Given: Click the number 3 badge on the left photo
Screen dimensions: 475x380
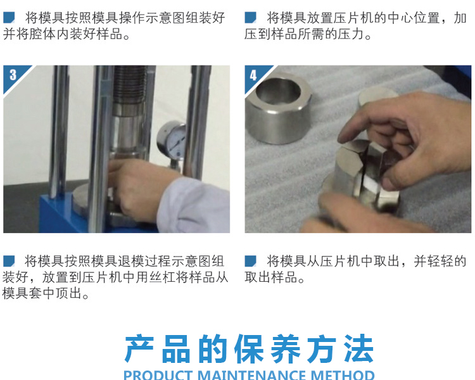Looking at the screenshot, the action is tap(13, 75).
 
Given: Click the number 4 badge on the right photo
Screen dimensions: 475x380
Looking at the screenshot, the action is tap(253, 75).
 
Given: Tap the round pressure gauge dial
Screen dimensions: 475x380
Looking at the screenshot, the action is tap(172, 140).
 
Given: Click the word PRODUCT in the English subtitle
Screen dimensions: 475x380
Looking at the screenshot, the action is tap(158, 375).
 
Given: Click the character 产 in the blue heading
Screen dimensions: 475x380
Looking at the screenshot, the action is tap(139, 348).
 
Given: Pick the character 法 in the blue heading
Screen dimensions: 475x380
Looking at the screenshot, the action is tap(358, 348).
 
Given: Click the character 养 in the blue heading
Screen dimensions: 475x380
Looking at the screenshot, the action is tap(286, 348).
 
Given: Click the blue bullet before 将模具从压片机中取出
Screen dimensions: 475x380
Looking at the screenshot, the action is tap(250, 261).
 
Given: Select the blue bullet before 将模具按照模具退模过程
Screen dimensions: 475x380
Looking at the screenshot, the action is tap(9, 261).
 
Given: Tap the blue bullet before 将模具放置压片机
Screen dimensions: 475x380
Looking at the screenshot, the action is tap(250, 17).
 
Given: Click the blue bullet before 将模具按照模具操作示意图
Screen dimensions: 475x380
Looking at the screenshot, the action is tap(9, 17).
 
